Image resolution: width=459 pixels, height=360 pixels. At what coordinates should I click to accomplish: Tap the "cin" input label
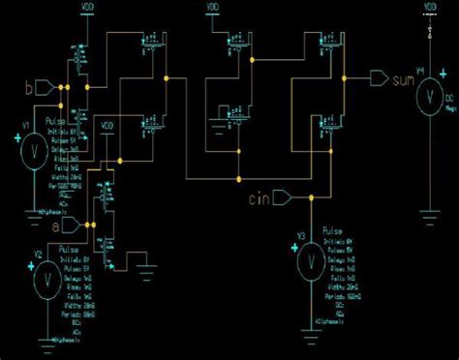pyautogui.click(x=257, y=200)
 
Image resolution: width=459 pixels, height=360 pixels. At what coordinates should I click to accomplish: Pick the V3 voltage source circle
pyautogui.click(x=309, y=258)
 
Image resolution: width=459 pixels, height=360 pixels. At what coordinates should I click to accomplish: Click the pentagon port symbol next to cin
pyautogui.click(x=282, y=199)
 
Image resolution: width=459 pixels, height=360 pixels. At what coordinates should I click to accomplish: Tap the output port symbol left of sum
pyautogui.click(x=378, y=77)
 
